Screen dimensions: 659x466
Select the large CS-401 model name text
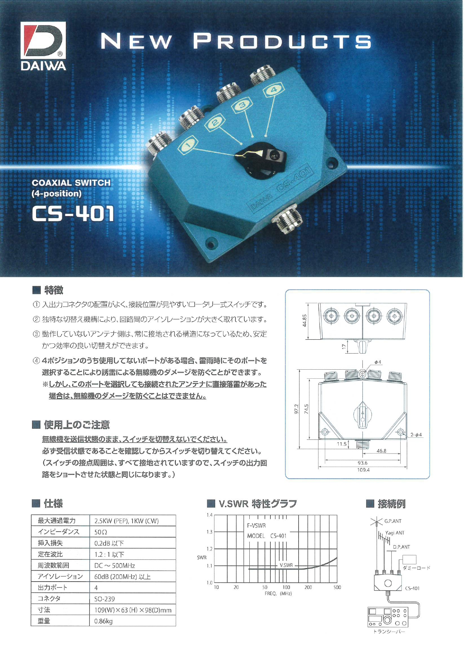[73, 214]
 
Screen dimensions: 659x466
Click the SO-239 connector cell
[105, 599]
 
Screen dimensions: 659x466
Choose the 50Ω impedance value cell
[101, 532]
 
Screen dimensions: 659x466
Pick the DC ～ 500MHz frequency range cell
[115, 565]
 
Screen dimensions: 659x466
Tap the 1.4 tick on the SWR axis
[210, 515]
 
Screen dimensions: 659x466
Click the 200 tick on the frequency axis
[308, 587]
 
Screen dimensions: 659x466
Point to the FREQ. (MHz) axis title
[278, 594]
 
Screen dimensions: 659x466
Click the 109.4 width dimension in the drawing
[363, 470]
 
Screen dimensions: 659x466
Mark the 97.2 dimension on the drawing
[296, 409]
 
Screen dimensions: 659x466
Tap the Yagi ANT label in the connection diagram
[395, 533]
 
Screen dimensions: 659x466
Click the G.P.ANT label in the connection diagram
[393, 521]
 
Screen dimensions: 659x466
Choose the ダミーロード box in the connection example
[409, 560]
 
